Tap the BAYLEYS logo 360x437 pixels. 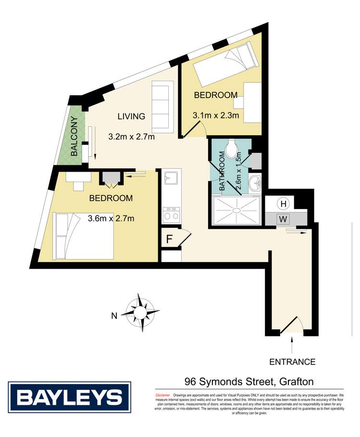coord(70,397)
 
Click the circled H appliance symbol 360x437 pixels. coord(284,204)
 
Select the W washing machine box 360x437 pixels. coord(284,219)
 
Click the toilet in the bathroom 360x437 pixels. coord(234,150)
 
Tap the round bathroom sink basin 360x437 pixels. coord(255,183)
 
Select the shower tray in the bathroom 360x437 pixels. coord(236,211)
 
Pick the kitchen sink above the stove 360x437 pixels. coord(169,179)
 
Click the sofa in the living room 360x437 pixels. coord(162,107)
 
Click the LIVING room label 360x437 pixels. coord(131,116)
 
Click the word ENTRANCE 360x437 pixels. coord(292,362)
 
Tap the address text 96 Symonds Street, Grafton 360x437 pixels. coord(249,382)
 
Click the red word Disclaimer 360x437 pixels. coord(163,394)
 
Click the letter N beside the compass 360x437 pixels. coord(114,316)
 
